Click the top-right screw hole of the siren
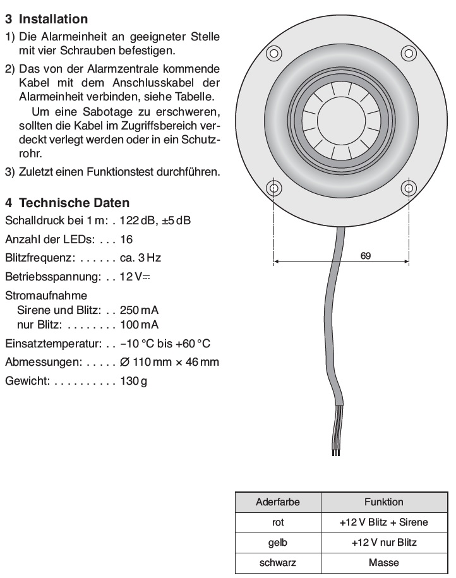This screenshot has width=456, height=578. click(x=407, y=52)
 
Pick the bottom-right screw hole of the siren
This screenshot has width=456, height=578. click(x=407, y=188)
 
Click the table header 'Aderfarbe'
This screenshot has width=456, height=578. click(x=278, y=502)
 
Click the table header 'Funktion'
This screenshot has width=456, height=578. click(x=383, y=502)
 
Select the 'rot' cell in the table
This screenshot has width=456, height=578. click(x=278, y=522)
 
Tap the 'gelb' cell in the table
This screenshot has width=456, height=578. click(x=278, y=543)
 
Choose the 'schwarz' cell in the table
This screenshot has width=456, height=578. click(x=278, y=563)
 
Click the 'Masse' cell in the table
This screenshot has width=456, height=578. click(x=383, y=563)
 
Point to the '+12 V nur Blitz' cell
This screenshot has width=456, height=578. click(x=383, y=543)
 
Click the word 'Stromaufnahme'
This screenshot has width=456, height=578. click(x=46, y=295)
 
